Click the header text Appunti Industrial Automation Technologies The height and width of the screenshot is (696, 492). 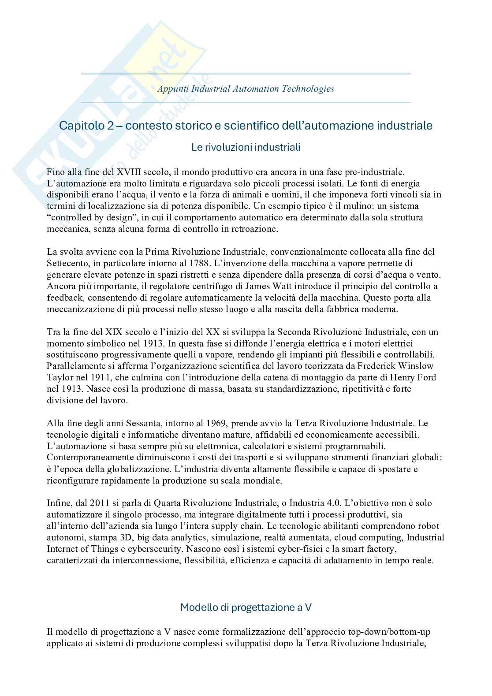tap(246, 89)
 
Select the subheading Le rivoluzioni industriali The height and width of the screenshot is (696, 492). tap(246, 147)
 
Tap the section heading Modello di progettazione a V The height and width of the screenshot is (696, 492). tap(246, 607)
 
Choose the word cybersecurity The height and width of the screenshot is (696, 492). tap(156, 549)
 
